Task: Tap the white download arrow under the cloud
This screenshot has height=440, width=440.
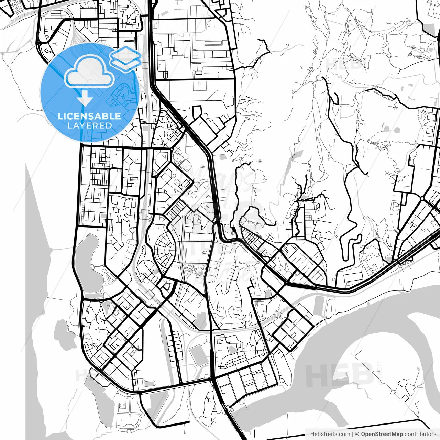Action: tap(85, 99)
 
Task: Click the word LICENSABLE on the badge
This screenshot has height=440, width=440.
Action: tap(89, 116)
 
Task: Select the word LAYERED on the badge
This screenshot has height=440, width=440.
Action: tap(89, 126)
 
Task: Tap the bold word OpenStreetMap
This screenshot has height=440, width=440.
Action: tap(382, 434)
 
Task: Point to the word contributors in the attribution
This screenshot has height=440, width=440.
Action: tap(420, 434)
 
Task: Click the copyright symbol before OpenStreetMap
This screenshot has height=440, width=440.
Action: tap(357, 434)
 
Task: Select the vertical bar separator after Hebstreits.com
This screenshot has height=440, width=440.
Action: tap(353, 434)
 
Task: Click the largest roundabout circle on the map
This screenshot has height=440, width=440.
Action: tap(422, 199)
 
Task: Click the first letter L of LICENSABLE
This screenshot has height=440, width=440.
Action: tap(60, 116)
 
